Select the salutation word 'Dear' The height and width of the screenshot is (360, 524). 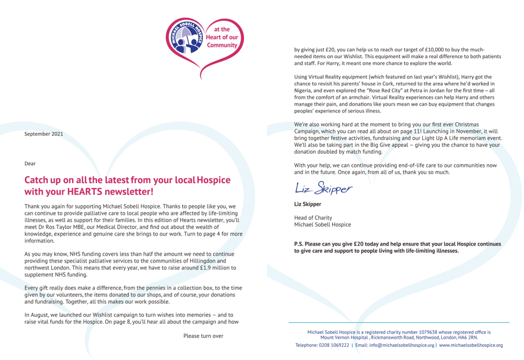30,163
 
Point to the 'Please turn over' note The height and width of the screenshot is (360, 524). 203,335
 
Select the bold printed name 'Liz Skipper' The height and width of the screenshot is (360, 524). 307,204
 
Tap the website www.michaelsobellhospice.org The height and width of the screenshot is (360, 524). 471,345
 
